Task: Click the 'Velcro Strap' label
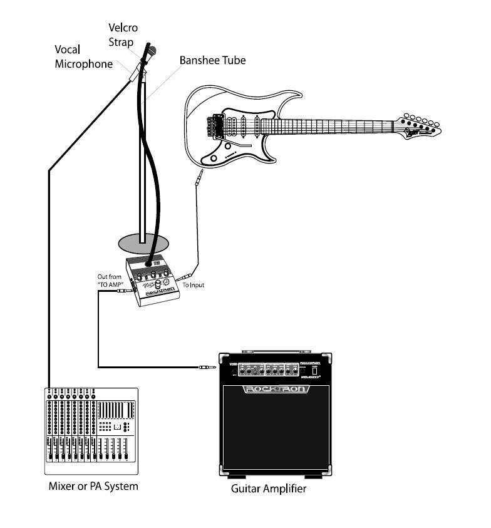[123, 34]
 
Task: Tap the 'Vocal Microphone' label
[84, 56]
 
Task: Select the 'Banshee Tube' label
[212, 61]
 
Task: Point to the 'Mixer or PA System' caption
[93, 486]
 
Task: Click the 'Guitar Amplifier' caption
[269, 489]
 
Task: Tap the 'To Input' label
[193, 285]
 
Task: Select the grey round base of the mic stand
[143, 242]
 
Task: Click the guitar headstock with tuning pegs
[418, 125]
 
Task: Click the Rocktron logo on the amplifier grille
[276, 389]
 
